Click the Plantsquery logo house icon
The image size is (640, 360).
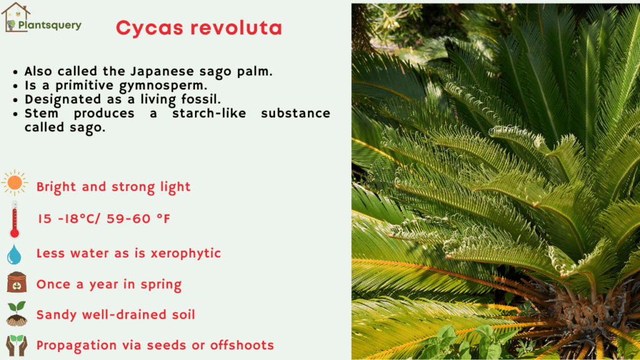click(15, 17)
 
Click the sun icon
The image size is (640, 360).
click(14, 183)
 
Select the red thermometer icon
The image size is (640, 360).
click(14, 219)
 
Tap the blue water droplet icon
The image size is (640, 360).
click(14, 254)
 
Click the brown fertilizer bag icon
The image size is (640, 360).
click(16, 282)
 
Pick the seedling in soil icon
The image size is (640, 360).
click(16, 314)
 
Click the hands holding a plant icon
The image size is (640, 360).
click(16, 345)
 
